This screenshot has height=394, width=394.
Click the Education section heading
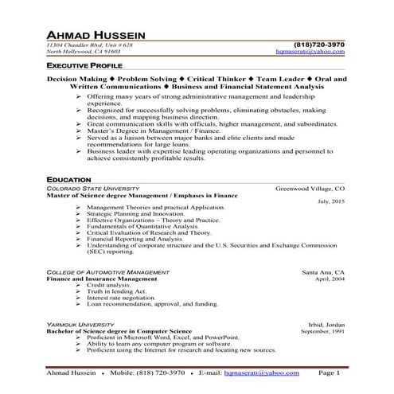68,180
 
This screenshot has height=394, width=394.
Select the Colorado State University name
90,189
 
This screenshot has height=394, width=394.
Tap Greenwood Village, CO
310,189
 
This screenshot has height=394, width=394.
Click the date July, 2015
330,201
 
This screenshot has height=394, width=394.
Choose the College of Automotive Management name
107,272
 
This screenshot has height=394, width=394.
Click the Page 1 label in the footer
329,372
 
